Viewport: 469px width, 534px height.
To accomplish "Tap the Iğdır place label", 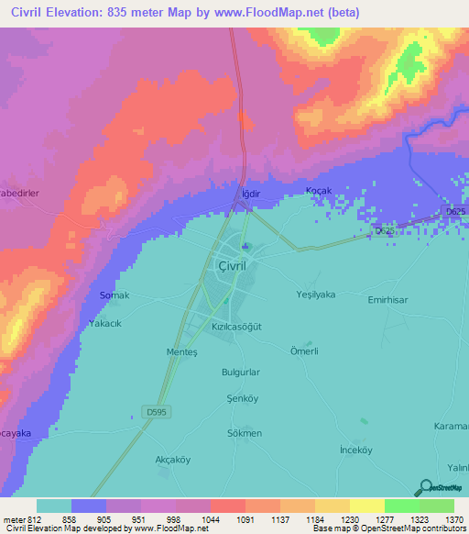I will pyautogui.click(x=245, y=194).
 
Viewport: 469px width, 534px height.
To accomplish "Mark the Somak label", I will pyautogui.click(x=115, y=295).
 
